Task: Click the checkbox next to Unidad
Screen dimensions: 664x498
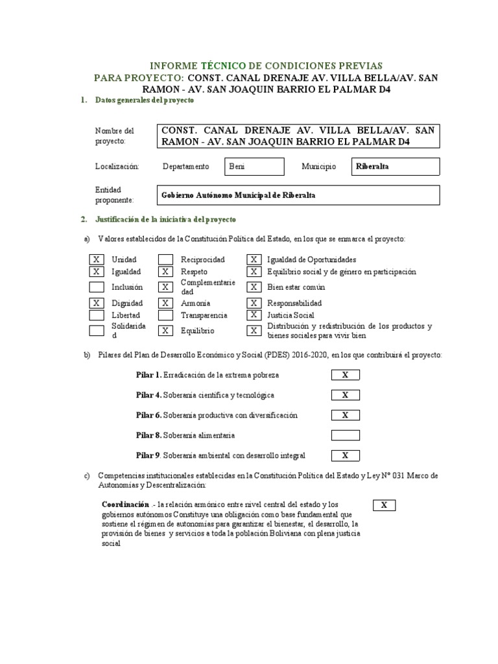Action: coord(96,259)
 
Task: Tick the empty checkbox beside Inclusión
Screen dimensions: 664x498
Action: coord(96,287)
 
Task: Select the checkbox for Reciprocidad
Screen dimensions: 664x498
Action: coord(166,259)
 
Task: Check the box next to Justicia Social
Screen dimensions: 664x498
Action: coord(254,315)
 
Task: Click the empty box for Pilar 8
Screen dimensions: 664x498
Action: coord(345,435)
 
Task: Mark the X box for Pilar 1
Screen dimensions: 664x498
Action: coord(345,375)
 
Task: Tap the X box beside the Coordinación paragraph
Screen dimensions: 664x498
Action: coord(384,505)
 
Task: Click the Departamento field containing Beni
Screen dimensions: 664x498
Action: coord(254,167)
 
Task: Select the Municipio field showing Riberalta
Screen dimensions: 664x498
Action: coord(395,167)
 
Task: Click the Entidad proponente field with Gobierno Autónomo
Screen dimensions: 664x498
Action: coord(299,195)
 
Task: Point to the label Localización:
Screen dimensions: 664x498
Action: coord(117,167)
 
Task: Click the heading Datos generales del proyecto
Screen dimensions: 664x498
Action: coord(144,101)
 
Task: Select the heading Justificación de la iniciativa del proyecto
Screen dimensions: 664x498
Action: coord(165,220)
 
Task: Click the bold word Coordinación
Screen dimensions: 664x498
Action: coord(126,504)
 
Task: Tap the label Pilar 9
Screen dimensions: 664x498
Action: coord(148,455)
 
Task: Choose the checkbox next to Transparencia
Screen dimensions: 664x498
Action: coord(166,315)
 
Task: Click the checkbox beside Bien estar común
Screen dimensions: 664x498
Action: coord(254,287)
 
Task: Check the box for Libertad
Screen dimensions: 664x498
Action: coord(96,315)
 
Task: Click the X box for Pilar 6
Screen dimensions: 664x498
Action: coord(345,415)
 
